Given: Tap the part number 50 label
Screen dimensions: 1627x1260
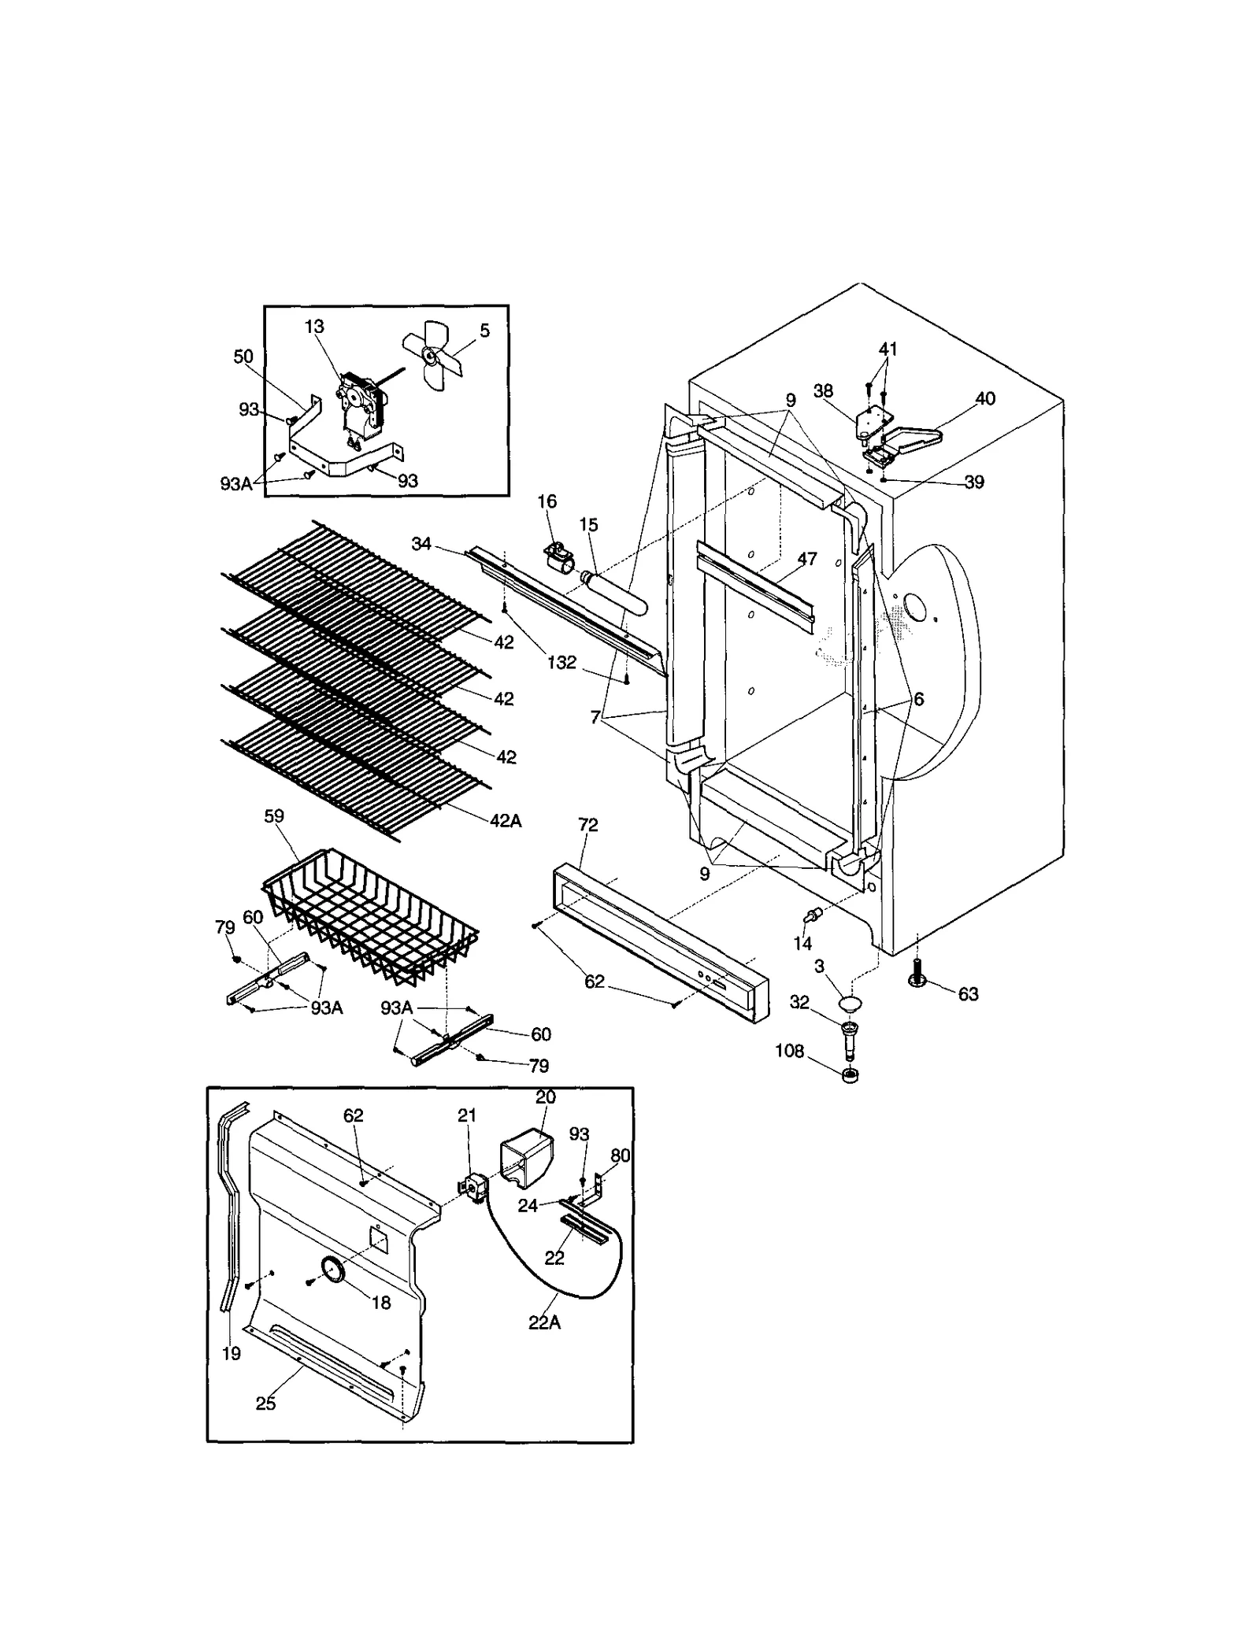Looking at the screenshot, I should click(x=243, y=357).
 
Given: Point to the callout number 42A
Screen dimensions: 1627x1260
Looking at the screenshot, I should click(x=506, y=821).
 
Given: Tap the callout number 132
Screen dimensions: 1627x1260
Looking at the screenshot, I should click(x=561, y=663).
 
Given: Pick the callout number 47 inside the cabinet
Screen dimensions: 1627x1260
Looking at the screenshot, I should click(x=807, y=559).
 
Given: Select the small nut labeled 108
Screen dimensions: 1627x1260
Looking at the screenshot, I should click(x=850, y=1075).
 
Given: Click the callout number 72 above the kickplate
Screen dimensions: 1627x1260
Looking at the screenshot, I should click(x=588, y=825).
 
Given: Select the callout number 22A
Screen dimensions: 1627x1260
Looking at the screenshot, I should click(x=544, y=1322).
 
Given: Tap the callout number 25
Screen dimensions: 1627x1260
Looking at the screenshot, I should click(x=266, y=1403).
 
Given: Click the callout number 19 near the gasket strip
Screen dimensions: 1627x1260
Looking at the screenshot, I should click(x=232, y=1353).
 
